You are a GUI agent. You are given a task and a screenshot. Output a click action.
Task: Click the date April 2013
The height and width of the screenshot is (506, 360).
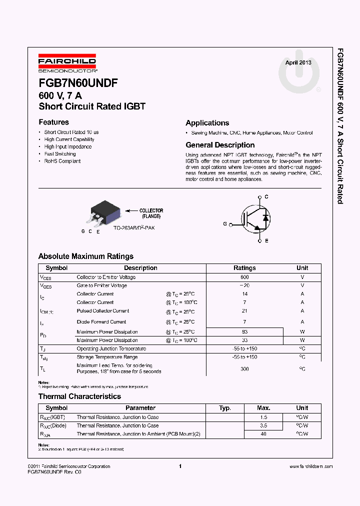coord(298,62)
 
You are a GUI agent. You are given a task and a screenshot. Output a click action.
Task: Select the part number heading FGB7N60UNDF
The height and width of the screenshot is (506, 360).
coord(78,83)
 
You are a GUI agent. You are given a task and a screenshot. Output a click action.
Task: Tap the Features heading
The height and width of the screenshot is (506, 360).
coord(53,122)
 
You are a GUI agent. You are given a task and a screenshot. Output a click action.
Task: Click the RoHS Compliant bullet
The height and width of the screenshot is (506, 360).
coord(62,161)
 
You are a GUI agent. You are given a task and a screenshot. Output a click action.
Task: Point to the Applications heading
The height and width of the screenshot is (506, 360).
coord(207,123)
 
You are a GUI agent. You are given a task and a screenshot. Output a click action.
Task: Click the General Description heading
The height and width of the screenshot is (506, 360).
coord(220,145)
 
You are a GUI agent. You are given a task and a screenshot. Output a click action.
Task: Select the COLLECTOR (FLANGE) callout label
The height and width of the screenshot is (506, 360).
coord(150,213)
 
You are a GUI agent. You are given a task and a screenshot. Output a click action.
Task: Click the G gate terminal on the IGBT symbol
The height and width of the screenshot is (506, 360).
coord(225,224)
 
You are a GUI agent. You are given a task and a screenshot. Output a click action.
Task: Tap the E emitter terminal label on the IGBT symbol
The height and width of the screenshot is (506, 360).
coord(266,241)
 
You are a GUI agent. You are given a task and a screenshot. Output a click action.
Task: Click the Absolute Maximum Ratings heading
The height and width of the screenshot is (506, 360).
coord(86,256)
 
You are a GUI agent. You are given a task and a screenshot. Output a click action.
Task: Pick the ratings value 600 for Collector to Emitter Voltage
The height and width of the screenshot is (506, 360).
coord(244,277)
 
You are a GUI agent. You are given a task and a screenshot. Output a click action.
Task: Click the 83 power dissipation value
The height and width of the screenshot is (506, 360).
coord(244,332)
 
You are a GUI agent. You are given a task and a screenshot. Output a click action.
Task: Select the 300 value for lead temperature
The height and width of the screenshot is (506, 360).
coord(244,368)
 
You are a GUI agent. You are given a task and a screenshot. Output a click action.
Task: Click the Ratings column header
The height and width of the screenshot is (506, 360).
coord(244,268)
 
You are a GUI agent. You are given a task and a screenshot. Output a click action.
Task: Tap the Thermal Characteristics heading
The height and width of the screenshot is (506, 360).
coord(79,396)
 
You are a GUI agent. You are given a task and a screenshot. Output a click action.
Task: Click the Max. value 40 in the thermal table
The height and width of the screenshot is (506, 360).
coord(263,434)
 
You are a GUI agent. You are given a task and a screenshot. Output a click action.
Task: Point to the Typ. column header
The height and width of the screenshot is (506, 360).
coord(225,408)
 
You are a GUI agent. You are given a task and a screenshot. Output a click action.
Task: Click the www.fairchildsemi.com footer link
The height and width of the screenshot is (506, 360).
coord(310,466)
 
